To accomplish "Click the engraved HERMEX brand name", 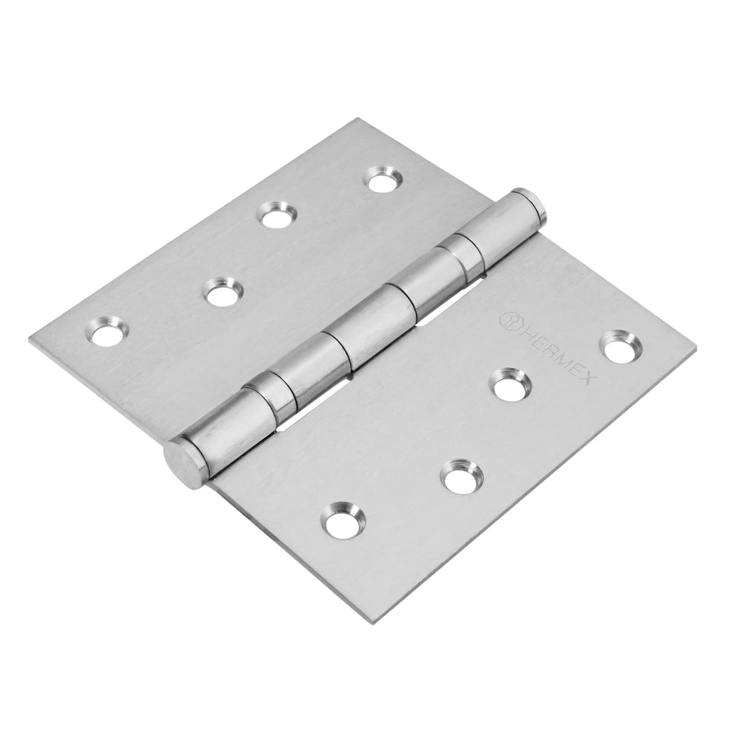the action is (x=561, y=349).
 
